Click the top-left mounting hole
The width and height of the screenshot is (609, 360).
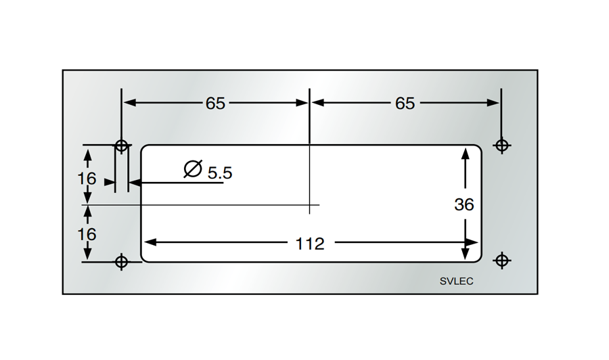pos(121,145)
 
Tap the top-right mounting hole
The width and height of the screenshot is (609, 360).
pos(501,145)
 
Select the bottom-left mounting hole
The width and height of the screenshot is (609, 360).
pos(121,261)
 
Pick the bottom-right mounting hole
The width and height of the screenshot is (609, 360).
pos(501,261)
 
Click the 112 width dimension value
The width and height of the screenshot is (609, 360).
pos(310,243)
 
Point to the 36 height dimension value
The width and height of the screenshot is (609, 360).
pos(464,204)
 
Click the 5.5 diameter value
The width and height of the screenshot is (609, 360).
pos(219,173)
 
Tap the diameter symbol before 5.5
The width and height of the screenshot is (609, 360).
pos(193,169)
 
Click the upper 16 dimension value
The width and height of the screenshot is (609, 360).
pos(87,179)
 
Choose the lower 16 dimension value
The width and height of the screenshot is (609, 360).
pos(87,234)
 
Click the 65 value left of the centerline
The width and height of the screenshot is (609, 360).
pos(215,104)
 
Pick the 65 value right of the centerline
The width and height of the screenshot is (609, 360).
pos(405,104)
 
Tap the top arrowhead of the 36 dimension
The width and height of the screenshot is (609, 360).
pos(465,154)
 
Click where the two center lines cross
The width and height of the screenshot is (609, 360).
pos(309,204)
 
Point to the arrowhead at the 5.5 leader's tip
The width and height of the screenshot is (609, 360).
pos(133,182)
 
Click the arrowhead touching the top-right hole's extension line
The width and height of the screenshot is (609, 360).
pos(494,103)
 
